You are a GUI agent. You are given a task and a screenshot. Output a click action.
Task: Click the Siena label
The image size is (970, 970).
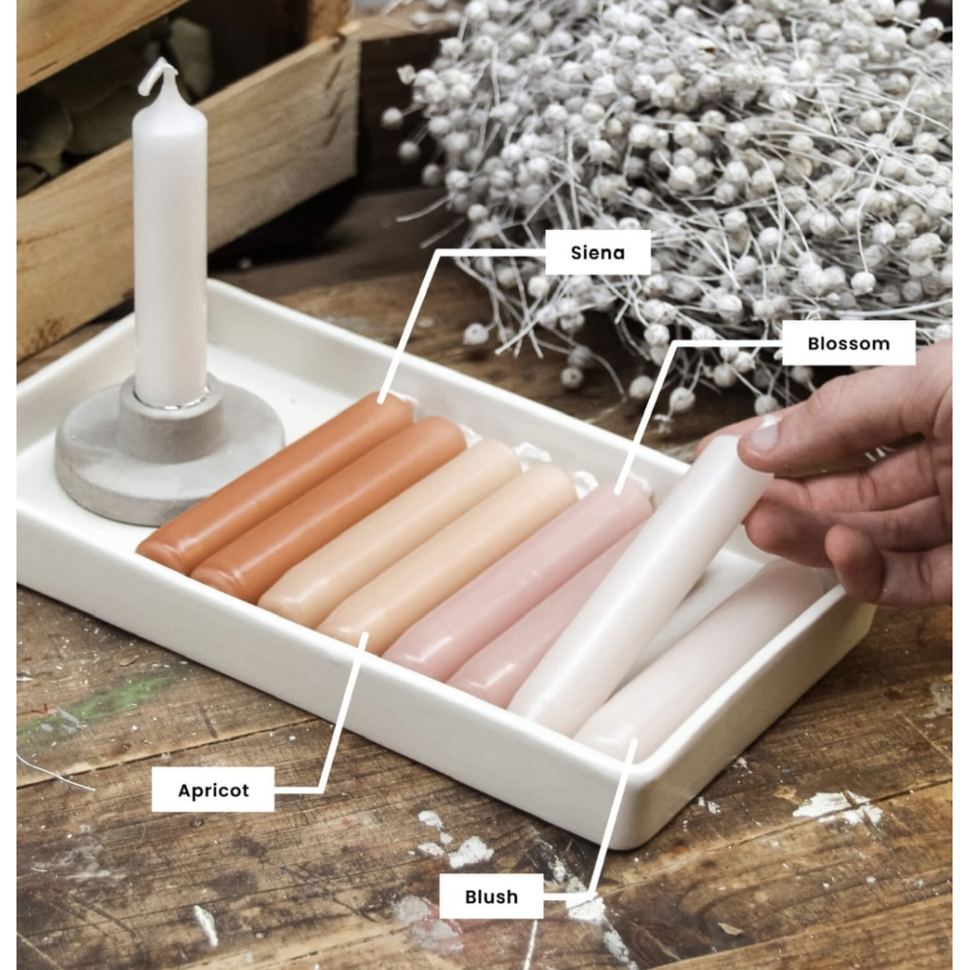coord(598,252)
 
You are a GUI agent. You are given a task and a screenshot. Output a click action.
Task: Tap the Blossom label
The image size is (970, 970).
coord(848,342)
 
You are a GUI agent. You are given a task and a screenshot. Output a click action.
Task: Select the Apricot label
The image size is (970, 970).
coord(212,790)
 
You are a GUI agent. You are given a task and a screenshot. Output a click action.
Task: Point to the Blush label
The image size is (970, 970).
coord(491,895)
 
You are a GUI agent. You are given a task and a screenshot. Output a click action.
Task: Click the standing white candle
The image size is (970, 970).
coord(169,242)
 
